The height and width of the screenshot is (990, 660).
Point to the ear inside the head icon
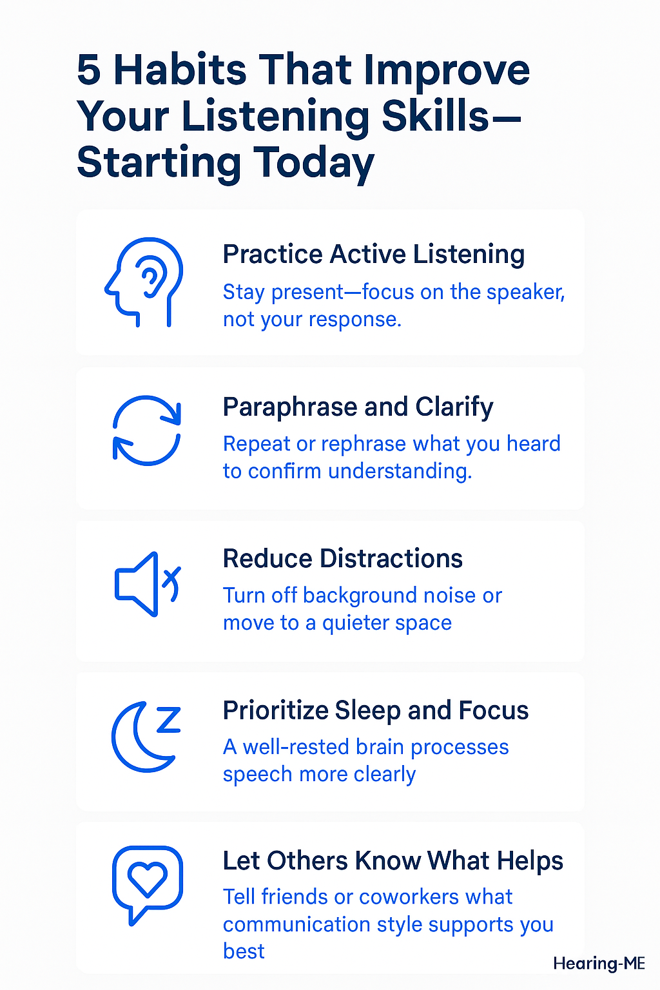151,281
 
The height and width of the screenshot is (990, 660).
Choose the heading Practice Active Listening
373,255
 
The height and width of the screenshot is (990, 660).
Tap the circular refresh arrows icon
147,430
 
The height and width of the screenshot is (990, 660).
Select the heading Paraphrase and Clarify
358,407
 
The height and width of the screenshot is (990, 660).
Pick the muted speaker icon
146,584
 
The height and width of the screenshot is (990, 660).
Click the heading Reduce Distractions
342,559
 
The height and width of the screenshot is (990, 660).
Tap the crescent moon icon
139,740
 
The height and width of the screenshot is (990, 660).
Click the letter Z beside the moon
168,720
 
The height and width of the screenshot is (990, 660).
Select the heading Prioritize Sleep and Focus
375,710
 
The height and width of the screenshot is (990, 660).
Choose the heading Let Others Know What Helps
393,861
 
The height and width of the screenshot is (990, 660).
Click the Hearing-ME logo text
599,964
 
